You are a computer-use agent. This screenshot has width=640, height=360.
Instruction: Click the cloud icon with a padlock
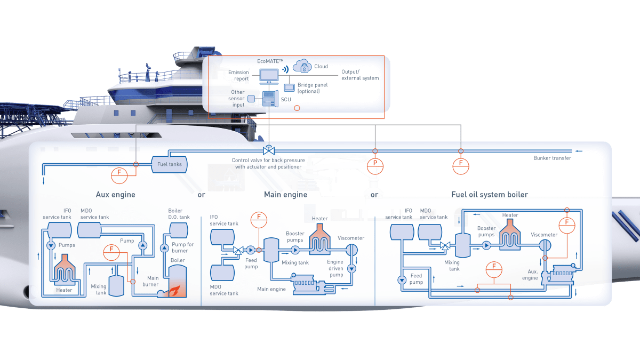[302, 67]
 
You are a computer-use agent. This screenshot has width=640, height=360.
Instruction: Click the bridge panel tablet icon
[289, 87]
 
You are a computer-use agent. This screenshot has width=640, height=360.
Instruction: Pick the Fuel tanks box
[169, 164]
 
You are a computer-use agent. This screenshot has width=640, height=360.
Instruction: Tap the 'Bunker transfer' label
[552, 158]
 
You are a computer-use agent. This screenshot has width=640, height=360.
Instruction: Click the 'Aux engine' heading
[115, 195]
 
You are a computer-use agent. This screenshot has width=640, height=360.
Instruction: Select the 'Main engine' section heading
[285, 195]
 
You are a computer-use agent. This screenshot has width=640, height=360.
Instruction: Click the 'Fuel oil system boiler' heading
[489, 195]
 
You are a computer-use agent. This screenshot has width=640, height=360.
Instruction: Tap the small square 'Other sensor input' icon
[251, 98]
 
